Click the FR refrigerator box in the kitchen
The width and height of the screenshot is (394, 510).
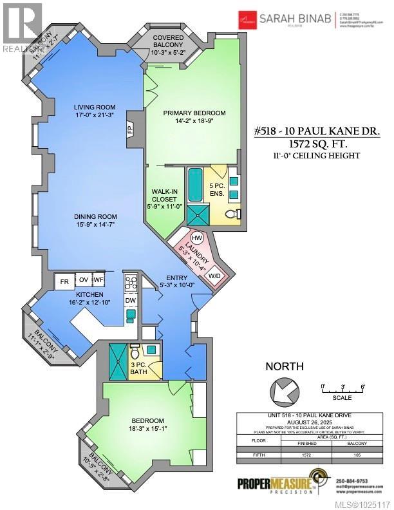click(x=64, y=281)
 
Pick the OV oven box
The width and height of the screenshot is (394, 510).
click(x=84, y=281)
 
